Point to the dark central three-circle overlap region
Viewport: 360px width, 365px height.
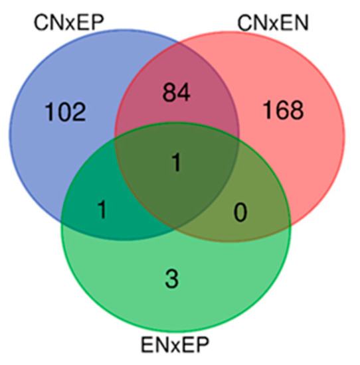pyautogui.click(x=177, y=186)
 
